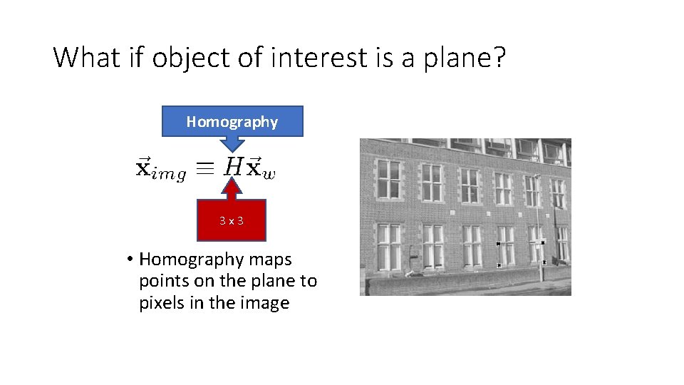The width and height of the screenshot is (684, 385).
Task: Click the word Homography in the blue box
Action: coord(232,122)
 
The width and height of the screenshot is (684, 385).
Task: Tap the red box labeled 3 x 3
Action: coord(232,221)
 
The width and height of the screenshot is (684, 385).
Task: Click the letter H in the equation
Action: coord(232,168)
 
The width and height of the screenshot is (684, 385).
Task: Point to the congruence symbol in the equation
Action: coord(204,168)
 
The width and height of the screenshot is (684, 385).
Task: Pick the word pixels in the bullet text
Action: coord(162,303)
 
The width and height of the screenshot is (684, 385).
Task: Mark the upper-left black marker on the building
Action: coord(498,244)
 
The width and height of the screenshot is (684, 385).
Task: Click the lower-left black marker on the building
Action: coord(499,265)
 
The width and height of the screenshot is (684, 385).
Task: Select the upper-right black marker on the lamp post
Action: coord(543,242)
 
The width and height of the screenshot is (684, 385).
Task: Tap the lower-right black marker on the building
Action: coord(544,262)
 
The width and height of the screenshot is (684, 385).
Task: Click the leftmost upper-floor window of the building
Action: coord(389,179)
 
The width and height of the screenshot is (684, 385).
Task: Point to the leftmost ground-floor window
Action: coord(389,247)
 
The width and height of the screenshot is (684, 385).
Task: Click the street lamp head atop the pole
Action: coord(537,176)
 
